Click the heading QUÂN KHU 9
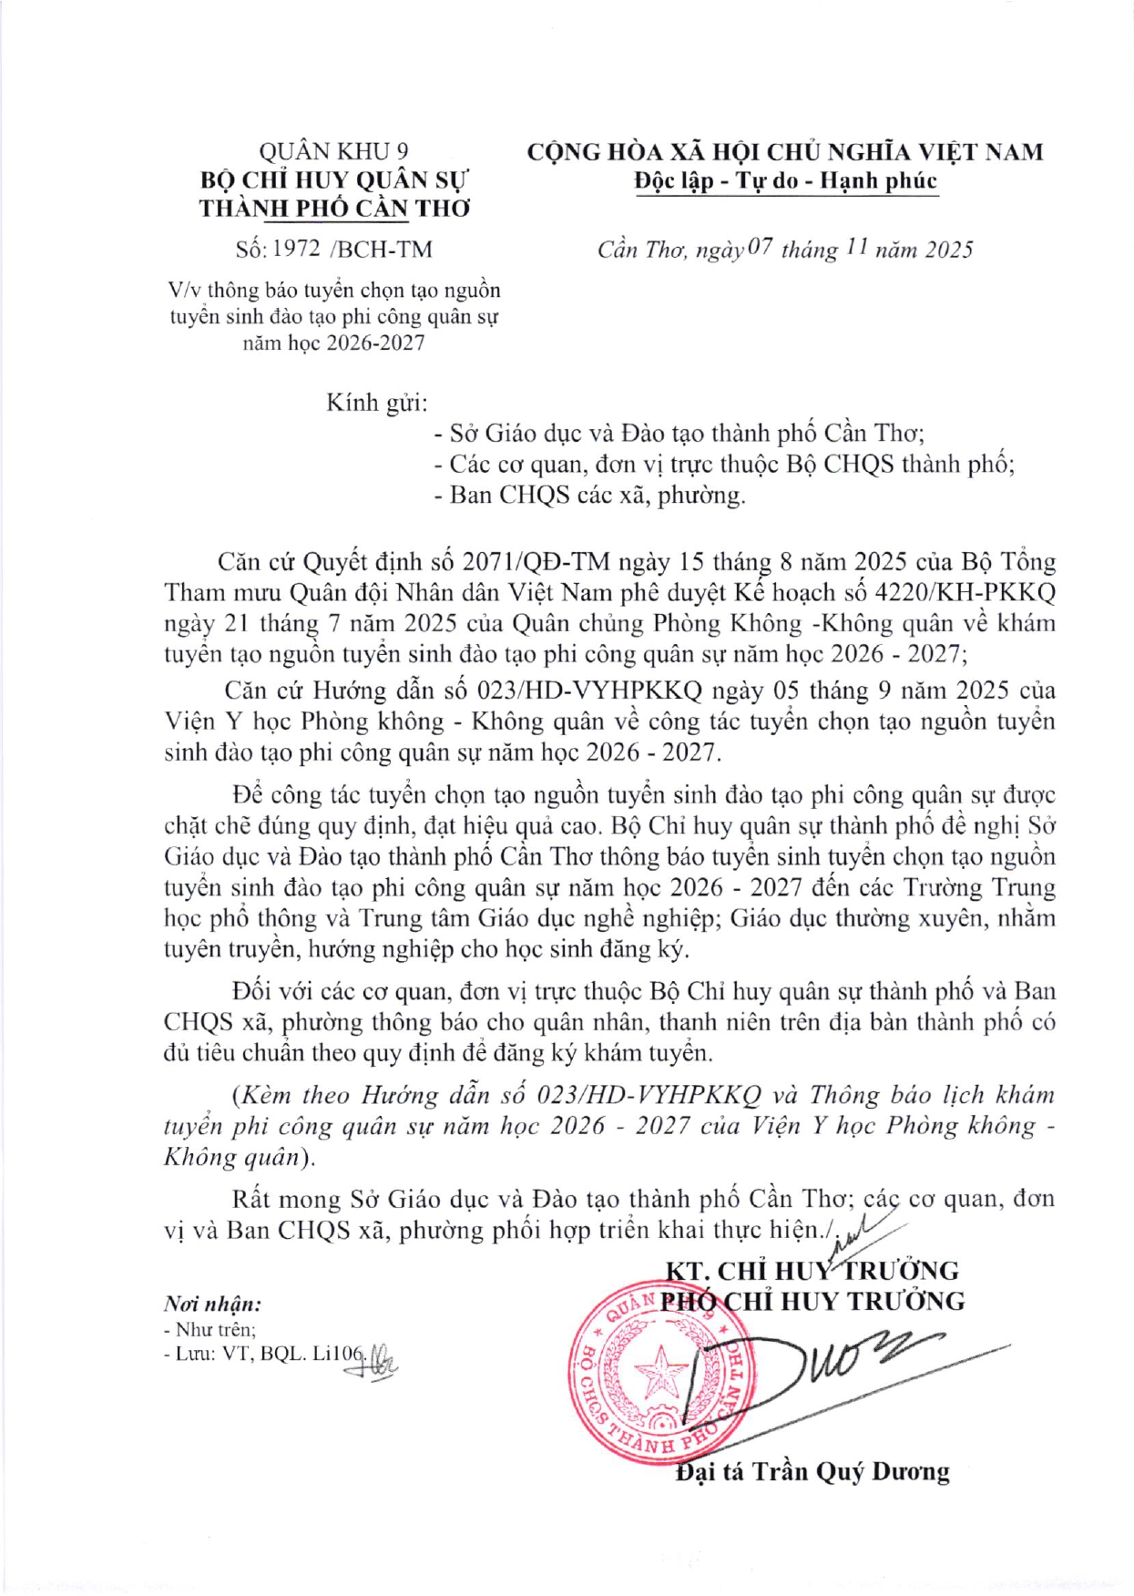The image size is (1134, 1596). click(333, 151)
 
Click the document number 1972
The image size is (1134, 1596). click(296, 249)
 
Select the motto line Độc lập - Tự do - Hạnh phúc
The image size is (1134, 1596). click(785, 180)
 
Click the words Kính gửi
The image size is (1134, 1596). click(376, 403)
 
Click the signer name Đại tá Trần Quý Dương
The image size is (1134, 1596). click(812, 1472)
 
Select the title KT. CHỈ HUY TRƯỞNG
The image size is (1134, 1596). click(812, 1271)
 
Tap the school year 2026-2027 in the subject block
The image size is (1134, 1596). click(373, 343)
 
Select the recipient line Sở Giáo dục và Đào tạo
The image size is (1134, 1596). click(679, 434)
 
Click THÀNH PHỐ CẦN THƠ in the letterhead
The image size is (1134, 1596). click(334, 209)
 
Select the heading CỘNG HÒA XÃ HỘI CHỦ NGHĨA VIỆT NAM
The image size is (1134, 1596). click(785, 151)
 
